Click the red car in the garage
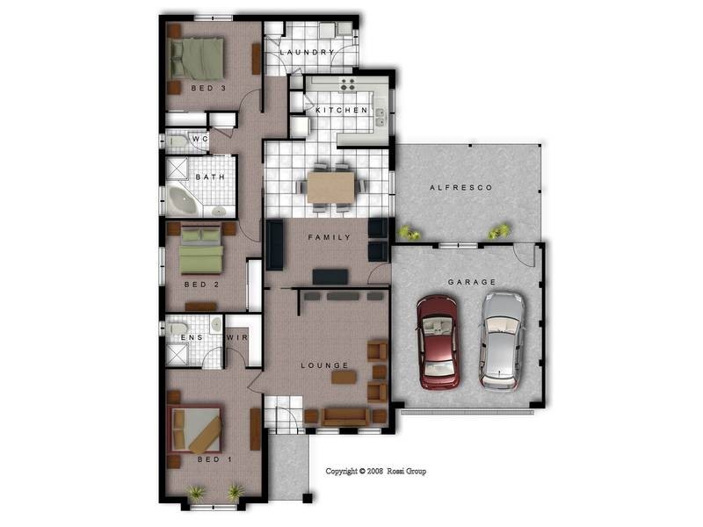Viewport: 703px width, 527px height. pyautogui.click(x=438, y=342)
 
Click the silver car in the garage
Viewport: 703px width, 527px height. pyautogui.click(x=502, y=340)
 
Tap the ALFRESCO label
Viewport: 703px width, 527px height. pyautogui.click(x=460, y=188)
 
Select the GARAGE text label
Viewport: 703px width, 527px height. pyautogui.click(x=472, y=282)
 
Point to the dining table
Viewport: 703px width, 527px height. pyautogui.click(x=331, y=187)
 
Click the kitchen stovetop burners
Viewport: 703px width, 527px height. pyautogui.click(x=347, y=84)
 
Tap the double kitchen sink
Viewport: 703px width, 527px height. pyautogui.click(x=380, y=118)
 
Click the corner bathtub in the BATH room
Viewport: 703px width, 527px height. pyautogui.click(x=184, y=199)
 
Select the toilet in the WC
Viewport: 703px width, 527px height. pyautogui.click(x=178, y=141)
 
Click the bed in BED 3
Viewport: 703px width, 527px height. pyautogui.click(x=197, y=59)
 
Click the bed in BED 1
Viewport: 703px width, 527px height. pyautogui.click(x=195, y=429)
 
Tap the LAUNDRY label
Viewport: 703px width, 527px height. pyautogui.click(x=308, y=53)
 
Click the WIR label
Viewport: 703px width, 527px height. pyautogui.click(x=237, y=337)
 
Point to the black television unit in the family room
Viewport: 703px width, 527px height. pyautogui.click(x=330, y=277)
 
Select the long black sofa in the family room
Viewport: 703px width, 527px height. pyautogui.click(x=275, y=245)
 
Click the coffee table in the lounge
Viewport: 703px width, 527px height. pyautogui.click(x=344, y=377)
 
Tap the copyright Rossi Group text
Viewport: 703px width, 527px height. pyautogui.click(x=376, y=471)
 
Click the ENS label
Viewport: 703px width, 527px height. pyautogui.click(x=192, y=337)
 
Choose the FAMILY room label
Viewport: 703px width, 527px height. pyautogui.click(x=330, y=237)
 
